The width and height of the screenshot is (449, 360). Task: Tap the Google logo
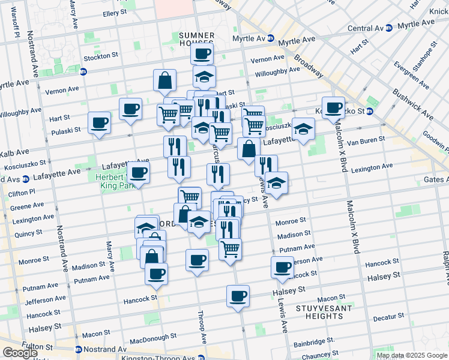pos(20,353)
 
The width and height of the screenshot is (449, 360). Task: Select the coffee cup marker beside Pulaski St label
pos(99,122)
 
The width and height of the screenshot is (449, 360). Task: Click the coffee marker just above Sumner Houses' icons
pos(202,53)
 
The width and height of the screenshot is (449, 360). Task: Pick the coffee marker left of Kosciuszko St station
pos(333,108)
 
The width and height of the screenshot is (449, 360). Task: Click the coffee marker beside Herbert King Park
pos(138,173)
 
